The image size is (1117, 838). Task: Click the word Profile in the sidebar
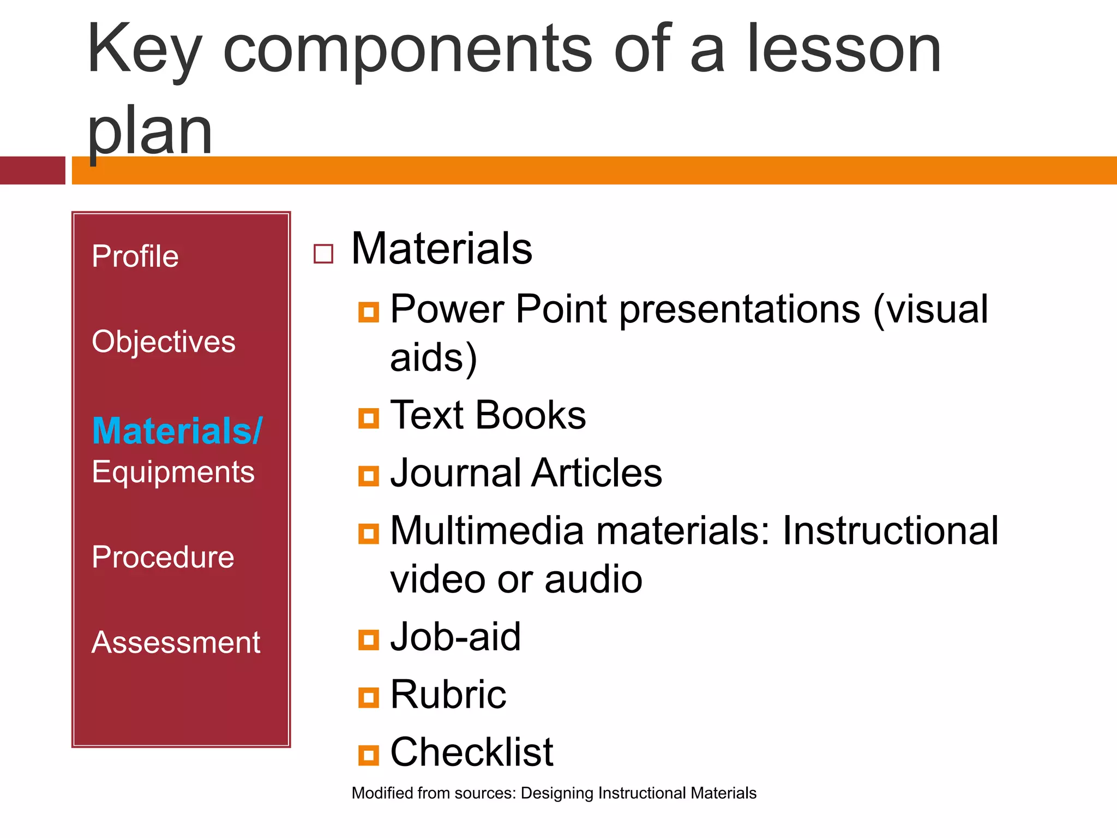135,256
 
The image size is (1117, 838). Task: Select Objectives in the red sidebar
163,342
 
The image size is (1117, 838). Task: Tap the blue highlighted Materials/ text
177,431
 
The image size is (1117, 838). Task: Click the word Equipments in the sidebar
173,472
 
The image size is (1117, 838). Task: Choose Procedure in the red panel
163,557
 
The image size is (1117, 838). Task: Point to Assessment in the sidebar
176,642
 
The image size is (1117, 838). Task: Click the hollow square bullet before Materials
323,254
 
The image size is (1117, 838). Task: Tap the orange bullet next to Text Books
369,418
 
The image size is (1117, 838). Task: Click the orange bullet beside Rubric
369,697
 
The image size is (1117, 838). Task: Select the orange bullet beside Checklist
369,755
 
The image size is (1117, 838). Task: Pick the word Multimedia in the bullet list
487,531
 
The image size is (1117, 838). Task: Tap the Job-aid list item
455,637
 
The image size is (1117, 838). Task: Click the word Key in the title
143,50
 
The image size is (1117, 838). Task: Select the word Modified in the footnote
382,793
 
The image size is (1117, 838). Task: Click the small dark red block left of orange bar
32,170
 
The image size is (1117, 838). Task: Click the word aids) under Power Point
434,358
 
